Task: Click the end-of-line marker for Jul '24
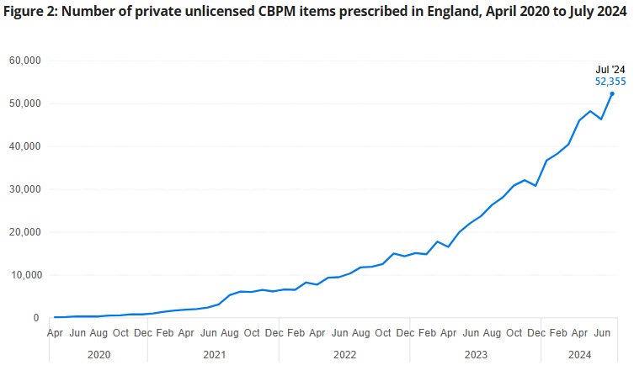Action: [x=612, y=93]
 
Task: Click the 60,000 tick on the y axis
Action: [x=26, y=61]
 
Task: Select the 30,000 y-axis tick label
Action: [x=26, y=189]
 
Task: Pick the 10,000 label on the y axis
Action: [x=26, y=275]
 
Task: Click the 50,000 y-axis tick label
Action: [x=26, y=103]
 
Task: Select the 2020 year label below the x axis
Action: [x=99, y=355]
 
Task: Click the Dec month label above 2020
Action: [x=142, y=333]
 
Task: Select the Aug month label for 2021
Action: [x=230, y=333]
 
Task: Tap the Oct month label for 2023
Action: [x=514, y=333]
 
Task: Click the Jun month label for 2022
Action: [x=339, y=333]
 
